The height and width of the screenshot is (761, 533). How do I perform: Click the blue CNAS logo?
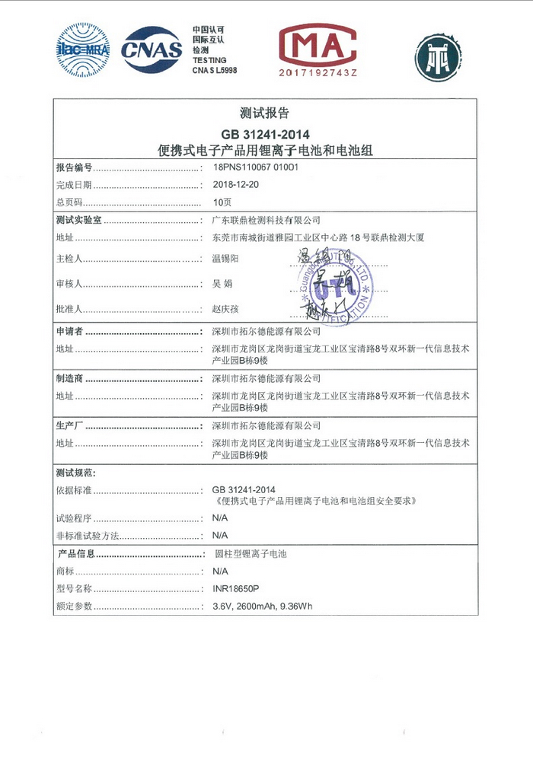click(152, 49)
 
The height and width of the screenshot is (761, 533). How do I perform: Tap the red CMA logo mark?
click(318, 44)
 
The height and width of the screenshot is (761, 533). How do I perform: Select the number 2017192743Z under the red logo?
click(318, 72)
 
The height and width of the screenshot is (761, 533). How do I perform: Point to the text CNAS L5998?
click(215, 69)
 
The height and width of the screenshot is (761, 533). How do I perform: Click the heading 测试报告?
click(264, 113)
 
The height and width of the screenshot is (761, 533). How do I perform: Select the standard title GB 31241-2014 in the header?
click(264, 135)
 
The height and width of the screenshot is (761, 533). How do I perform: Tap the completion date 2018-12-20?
click(236, 185)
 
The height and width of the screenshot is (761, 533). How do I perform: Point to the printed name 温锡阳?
click(225, 260)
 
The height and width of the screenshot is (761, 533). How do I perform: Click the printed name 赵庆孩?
click(225, 309)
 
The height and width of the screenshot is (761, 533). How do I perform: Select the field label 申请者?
click(70, 333)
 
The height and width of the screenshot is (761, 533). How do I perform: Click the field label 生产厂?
click(70, 425)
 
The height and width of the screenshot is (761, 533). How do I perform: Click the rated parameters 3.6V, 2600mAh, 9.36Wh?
click(262, 607)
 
